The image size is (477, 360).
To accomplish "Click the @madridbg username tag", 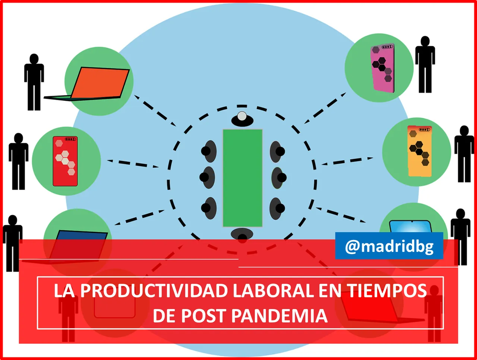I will point(389,246).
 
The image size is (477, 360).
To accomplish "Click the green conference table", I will point(243,178).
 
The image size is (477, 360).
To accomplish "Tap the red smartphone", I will point(65,161).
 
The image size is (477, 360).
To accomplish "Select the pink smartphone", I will point(382,68).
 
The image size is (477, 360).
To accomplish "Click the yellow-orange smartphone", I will point(420,151).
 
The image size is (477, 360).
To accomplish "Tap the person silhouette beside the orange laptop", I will point(34,82).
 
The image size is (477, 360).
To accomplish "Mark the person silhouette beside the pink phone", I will point(425,64).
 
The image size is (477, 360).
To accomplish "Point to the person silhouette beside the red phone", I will point(18,161).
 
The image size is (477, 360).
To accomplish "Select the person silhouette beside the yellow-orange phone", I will point(464,154).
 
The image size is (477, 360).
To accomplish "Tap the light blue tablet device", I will point(410,227).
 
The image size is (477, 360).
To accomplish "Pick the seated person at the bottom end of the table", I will point(242,235).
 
